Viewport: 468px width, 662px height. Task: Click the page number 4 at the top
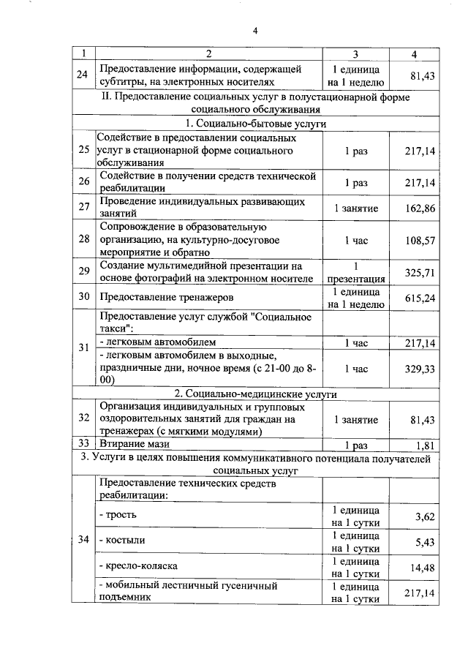[x=255, y=31]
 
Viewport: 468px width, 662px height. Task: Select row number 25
[x=83, y=151]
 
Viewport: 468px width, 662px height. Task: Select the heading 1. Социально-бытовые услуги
[x=255, y=124]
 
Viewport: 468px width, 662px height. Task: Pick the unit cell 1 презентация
[x=355, y=272]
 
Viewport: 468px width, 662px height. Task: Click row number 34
[x=83, y=540]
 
